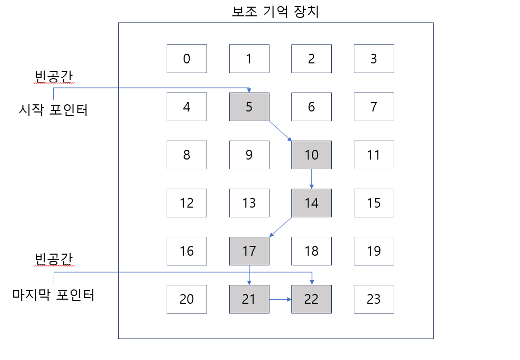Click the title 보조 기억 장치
tap(275, 11)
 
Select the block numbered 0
tap(187, 59)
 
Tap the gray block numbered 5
tap(249, 107)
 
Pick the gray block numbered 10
tap(311, 155)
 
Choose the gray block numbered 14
tap(311, 203)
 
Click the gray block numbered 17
tap(249, 251)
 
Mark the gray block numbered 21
tap(249, 299)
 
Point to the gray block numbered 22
tap(311, 299)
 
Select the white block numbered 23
tap(374, 299)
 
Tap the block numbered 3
tap(374, 59)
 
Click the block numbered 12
tap(187, 203)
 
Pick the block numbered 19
tap(374, 251)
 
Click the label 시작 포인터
tap(53, 110)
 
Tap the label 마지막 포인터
tap(53, 296)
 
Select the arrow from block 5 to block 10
tap(280, 131)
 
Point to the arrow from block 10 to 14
tap(312, 179)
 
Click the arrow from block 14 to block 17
tap(280, 227)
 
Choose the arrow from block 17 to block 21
tap(249, 275)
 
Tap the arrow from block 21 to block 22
tap(280, 299)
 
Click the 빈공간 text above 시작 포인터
tap(53, 76)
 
